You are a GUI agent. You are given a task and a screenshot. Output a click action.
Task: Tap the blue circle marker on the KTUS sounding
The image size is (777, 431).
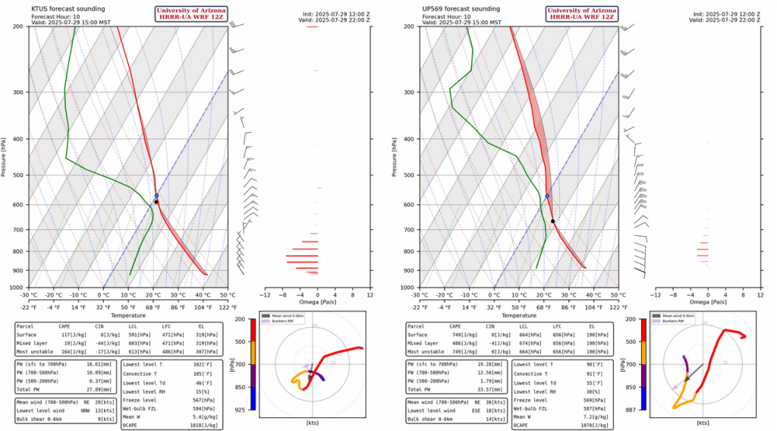point(156,196)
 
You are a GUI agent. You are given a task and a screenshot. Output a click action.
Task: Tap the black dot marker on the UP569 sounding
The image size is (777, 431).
point(552,221)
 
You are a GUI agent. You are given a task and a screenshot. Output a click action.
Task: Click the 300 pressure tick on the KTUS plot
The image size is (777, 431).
point(18,93)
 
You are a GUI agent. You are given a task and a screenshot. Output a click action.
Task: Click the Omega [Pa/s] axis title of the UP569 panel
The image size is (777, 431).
point(709,302)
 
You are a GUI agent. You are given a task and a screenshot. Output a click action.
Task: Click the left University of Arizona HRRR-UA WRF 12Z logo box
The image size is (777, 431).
point(190,13)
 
